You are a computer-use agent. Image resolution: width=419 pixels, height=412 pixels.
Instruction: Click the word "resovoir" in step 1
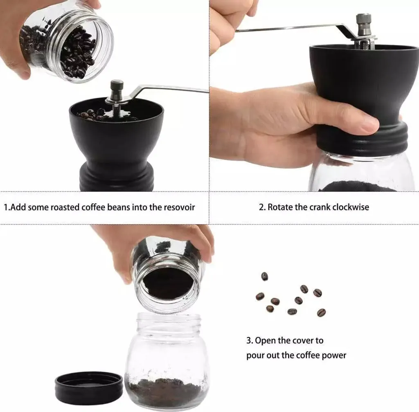tap(179, 207)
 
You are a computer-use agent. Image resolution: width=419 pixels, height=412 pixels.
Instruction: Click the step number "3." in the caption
tap(250, 341)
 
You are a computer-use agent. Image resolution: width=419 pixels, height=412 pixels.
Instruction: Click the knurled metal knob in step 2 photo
tap(364, 23)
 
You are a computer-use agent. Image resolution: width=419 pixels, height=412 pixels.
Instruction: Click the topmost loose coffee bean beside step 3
tap(265, 276)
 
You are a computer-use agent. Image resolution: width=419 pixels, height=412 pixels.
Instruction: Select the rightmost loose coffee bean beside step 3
tap(321, 312)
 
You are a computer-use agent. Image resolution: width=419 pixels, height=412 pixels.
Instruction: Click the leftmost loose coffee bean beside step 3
tap(260, 296)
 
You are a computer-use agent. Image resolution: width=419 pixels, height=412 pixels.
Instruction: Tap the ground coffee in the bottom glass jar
tap(166, 392)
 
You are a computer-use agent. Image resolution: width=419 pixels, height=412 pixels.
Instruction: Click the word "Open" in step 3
tap(265, 341)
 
